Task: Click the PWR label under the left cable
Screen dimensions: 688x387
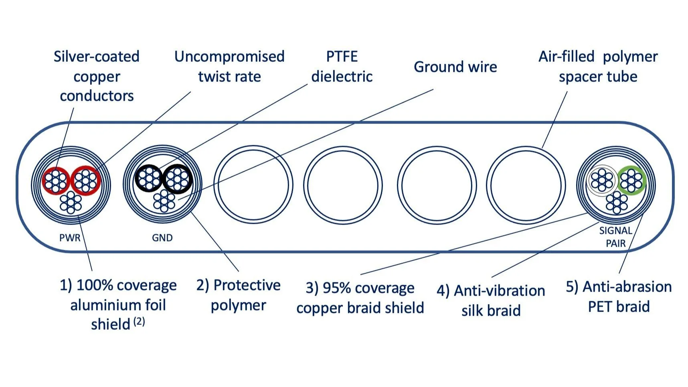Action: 70,238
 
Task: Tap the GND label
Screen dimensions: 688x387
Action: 162,238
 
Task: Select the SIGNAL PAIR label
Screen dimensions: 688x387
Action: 615,237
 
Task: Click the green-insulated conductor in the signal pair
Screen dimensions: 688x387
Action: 631,180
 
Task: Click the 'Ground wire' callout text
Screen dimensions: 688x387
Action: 455,67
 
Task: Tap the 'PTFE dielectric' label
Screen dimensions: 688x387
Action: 342,66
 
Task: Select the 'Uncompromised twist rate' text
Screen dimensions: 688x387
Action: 229,66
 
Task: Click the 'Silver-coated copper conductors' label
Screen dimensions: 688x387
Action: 97,76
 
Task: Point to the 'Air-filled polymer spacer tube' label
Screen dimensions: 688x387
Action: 598,66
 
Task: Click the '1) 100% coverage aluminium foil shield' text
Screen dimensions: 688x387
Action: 118,305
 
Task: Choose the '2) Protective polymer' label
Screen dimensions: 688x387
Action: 238,295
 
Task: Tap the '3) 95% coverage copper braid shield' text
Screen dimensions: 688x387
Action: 360,298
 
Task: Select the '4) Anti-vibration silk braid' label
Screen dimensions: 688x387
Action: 491,300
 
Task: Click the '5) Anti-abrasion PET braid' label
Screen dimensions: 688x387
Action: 619,297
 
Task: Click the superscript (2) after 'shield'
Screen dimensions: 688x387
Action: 139,321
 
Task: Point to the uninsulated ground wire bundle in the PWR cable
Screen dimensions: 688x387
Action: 71,202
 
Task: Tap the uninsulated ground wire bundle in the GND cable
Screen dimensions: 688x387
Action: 164,201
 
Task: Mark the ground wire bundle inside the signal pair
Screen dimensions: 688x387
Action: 617,202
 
